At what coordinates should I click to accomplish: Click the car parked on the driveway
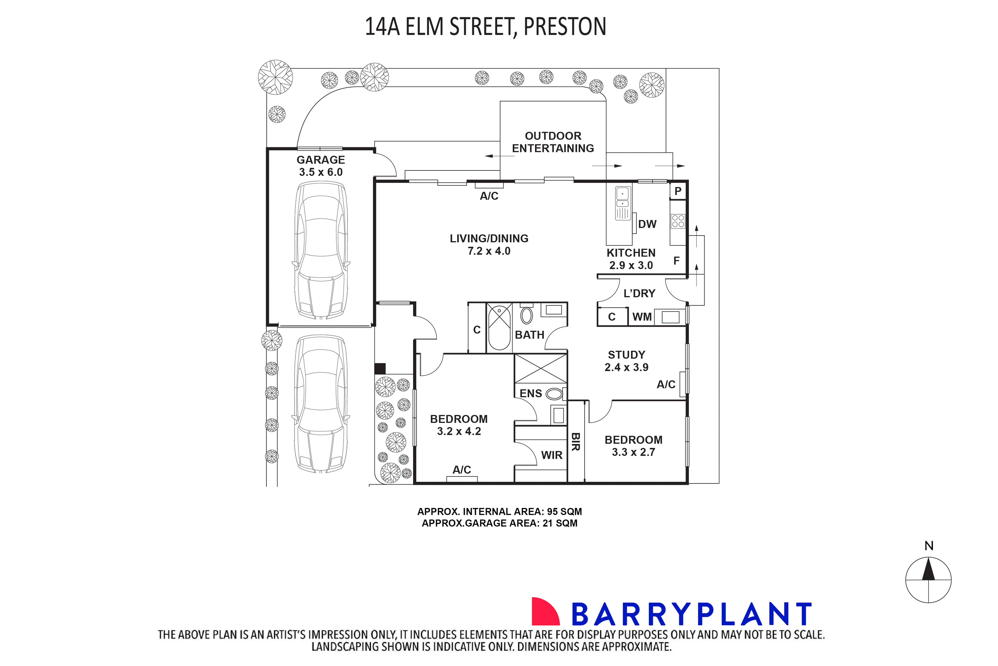click(321, 404)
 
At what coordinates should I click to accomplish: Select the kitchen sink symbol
click(623, 203)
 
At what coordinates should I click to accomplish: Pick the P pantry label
click(678, 191)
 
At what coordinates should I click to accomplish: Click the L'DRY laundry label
click(639, 293)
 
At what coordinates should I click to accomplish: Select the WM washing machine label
click(642, 317)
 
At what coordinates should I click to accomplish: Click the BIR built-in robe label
click(576, 442)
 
